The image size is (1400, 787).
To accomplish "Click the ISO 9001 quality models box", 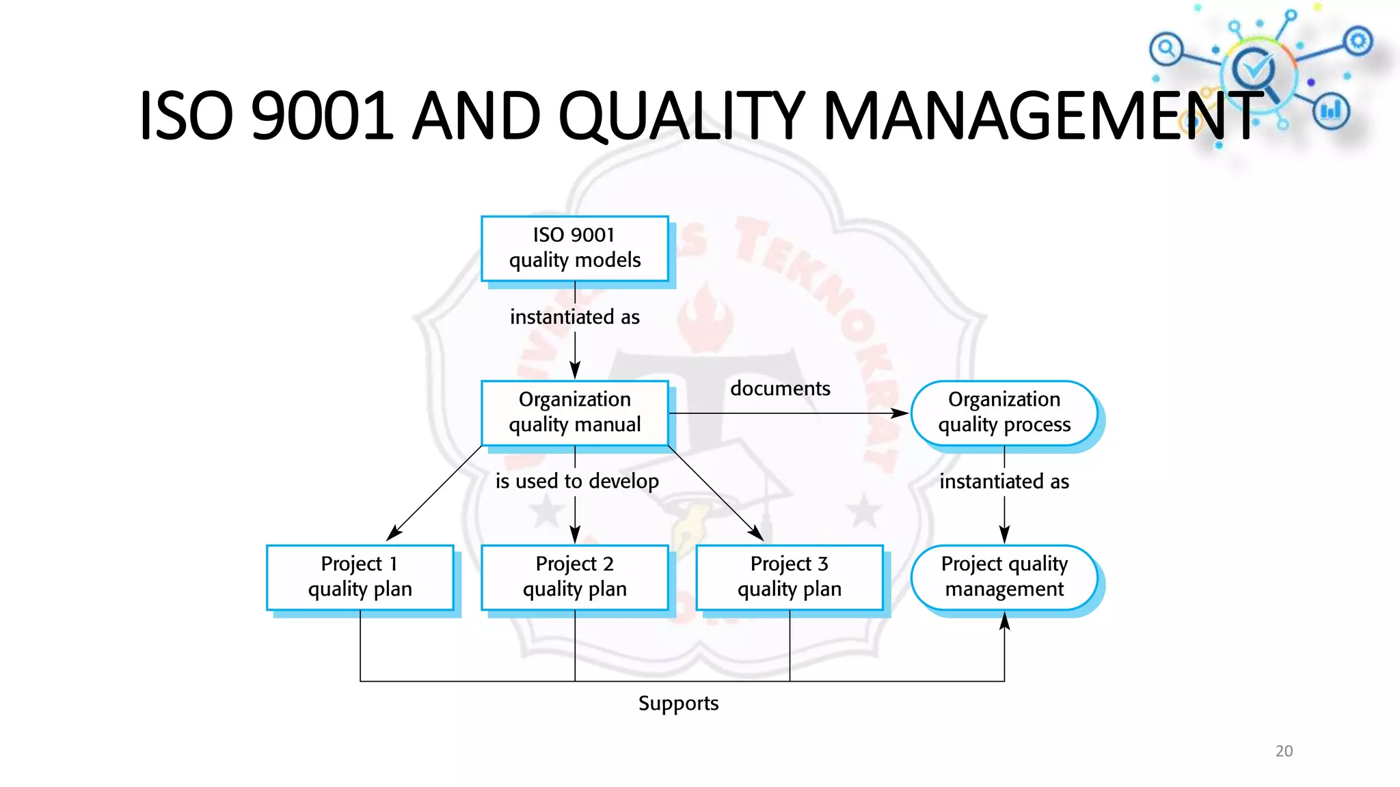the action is pos(574,248).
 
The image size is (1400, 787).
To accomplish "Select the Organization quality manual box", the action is pos(574,413).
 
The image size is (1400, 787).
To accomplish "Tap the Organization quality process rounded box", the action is pos(1004,413).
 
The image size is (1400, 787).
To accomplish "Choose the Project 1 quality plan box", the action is pos(360,577).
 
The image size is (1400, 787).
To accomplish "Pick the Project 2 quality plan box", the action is pos(574,577).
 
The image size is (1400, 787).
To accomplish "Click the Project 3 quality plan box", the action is pos(789,577).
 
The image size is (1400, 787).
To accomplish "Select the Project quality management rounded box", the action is pos(1004,577).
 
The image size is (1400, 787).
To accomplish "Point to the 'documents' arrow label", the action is pos(780,389).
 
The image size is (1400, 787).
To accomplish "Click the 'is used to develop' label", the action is pos(577,482).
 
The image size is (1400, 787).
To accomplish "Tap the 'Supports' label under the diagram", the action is pos(678,704).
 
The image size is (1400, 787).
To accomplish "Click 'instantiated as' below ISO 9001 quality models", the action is pos(574,317).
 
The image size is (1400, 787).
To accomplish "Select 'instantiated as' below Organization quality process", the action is pos(1004,482).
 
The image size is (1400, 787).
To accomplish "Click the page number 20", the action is pos(1284,751).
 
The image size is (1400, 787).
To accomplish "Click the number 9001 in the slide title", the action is pos(322,116).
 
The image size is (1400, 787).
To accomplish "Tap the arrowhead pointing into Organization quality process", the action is pos(901,413).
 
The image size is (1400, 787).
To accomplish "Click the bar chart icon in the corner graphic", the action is pos(1331,111).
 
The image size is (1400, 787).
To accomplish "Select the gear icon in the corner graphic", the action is pos(1358,42).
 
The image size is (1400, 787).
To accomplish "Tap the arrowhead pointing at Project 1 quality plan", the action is pos(394,534).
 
